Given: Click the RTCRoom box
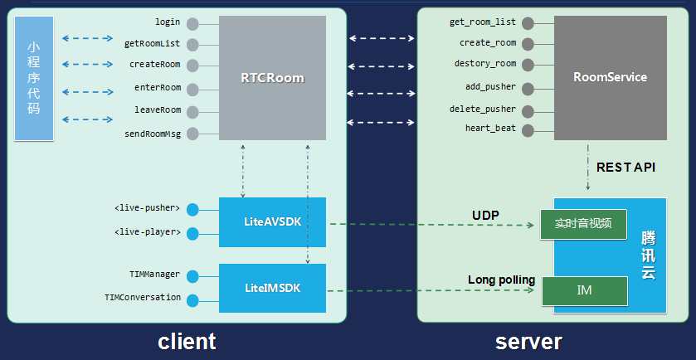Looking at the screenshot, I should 272,79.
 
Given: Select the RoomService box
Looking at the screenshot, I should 610,77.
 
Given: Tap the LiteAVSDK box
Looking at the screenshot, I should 272,222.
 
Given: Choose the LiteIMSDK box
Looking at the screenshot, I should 272,288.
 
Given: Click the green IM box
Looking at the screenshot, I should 584,290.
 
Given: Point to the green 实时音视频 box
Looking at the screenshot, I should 582,223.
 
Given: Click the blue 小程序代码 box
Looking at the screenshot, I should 34,78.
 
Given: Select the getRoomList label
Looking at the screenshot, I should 152,43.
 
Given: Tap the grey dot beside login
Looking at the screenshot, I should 192,24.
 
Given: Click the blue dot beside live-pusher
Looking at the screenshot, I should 192,210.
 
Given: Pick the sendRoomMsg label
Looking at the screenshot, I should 152,133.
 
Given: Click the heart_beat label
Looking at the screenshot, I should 490,128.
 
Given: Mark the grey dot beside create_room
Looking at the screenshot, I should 528,43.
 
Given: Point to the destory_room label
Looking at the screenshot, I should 484,64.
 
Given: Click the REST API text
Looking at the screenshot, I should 625,168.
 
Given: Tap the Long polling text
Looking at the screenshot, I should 501,280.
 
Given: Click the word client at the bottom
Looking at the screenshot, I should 187,341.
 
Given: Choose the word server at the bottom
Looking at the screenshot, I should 528,341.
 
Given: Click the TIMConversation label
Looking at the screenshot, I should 143,297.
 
